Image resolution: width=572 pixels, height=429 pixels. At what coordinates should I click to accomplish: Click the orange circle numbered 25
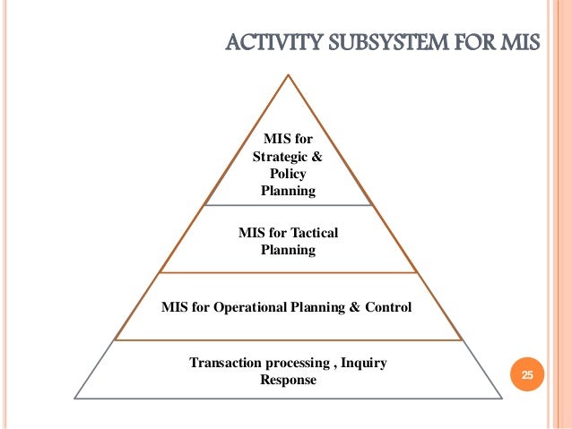pos(527,376)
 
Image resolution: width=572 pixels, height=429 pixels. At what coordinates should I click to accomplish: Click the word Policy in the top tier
pos(288,173)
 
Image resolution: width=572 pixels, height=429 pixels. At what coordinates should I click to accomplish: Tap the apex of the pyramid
pos(288,75)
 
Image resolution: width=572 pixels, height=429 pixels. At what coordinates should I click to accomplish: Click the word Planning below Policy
pos(288,190)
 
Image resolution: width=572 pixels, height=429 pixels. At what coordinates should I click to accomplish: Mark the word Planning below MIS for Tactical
pos(288,250)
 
